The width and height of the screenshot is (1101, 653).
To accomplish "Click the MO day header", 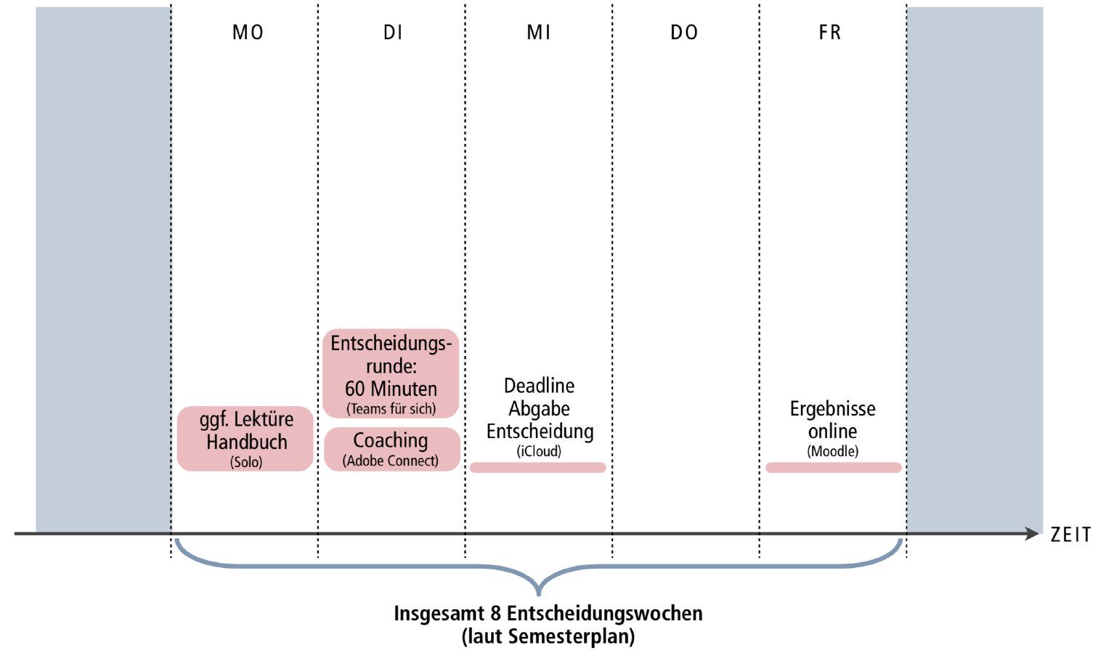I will pyautogui.click(x=248, y=33).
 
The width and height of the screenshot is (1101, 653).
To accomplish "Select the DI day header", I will pyautogui.click(x=393, y=33).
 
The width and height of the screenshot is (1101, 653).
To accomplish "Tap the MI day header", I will pyautogui.click(x=539, y=33).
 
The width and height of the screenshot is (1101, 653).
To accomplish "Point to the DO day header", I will pyautogui.click(x=684, y=33).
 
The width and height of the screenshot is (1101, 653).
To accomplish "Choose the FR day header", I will pyautogui.click(x=830, y=33).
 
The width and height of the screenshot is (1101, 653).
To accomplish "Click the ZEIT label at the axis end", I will pyautogui.click(x=1070, y=535).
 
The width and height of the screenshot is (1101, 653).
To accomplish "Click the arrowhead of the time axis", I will pyautogui.click(x=1032, y=534).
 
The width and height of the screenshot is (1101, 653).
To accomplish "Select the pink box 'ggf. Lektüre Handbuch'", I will pyautogui.click(x=245, y=438).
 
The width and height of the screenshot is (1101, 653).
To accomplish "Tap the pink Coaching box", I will pyautogui.click(x=391, y=448).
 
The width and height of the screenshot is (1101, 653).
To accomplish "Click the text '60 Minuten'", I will pyautogui.click(x=391, y=389).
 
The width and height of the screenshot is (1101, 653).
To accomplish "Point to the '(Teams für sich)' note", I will pyautogui.click(x=391, y=409).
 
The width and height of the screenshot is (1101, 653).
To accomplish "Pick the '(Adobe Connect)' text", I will pyautogui.click(x=391, y=461).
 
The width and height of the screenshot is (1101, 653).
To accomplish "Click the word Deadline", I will pyautogui.click(x=539, y=386).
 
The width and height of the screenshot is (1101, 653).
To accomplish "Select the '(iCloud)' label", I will pyautogui.click(x=539, y=451).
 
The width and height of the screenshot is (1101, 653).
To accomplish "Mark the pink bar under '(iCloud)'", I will pyautogui.click(x=538, y=468).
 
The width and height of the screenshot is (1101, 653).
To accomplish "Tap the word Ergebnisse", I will pyautogui.click(x=832, y=409).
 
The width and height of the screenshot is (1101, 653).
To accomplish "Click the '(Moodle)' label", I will pyautogui.click(x=832, y=451).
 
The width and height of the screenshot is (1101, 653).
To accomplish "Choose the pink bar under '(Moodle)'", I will pyautogui.click(x=833, y=468).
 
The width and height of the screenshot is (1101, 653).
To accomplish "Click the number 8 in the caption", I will pyautogui.click(x=495, y=614).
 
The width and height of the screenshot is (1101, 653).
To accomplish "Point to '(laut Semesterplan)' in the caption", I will pyautogui.click(x=548, y=637).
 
